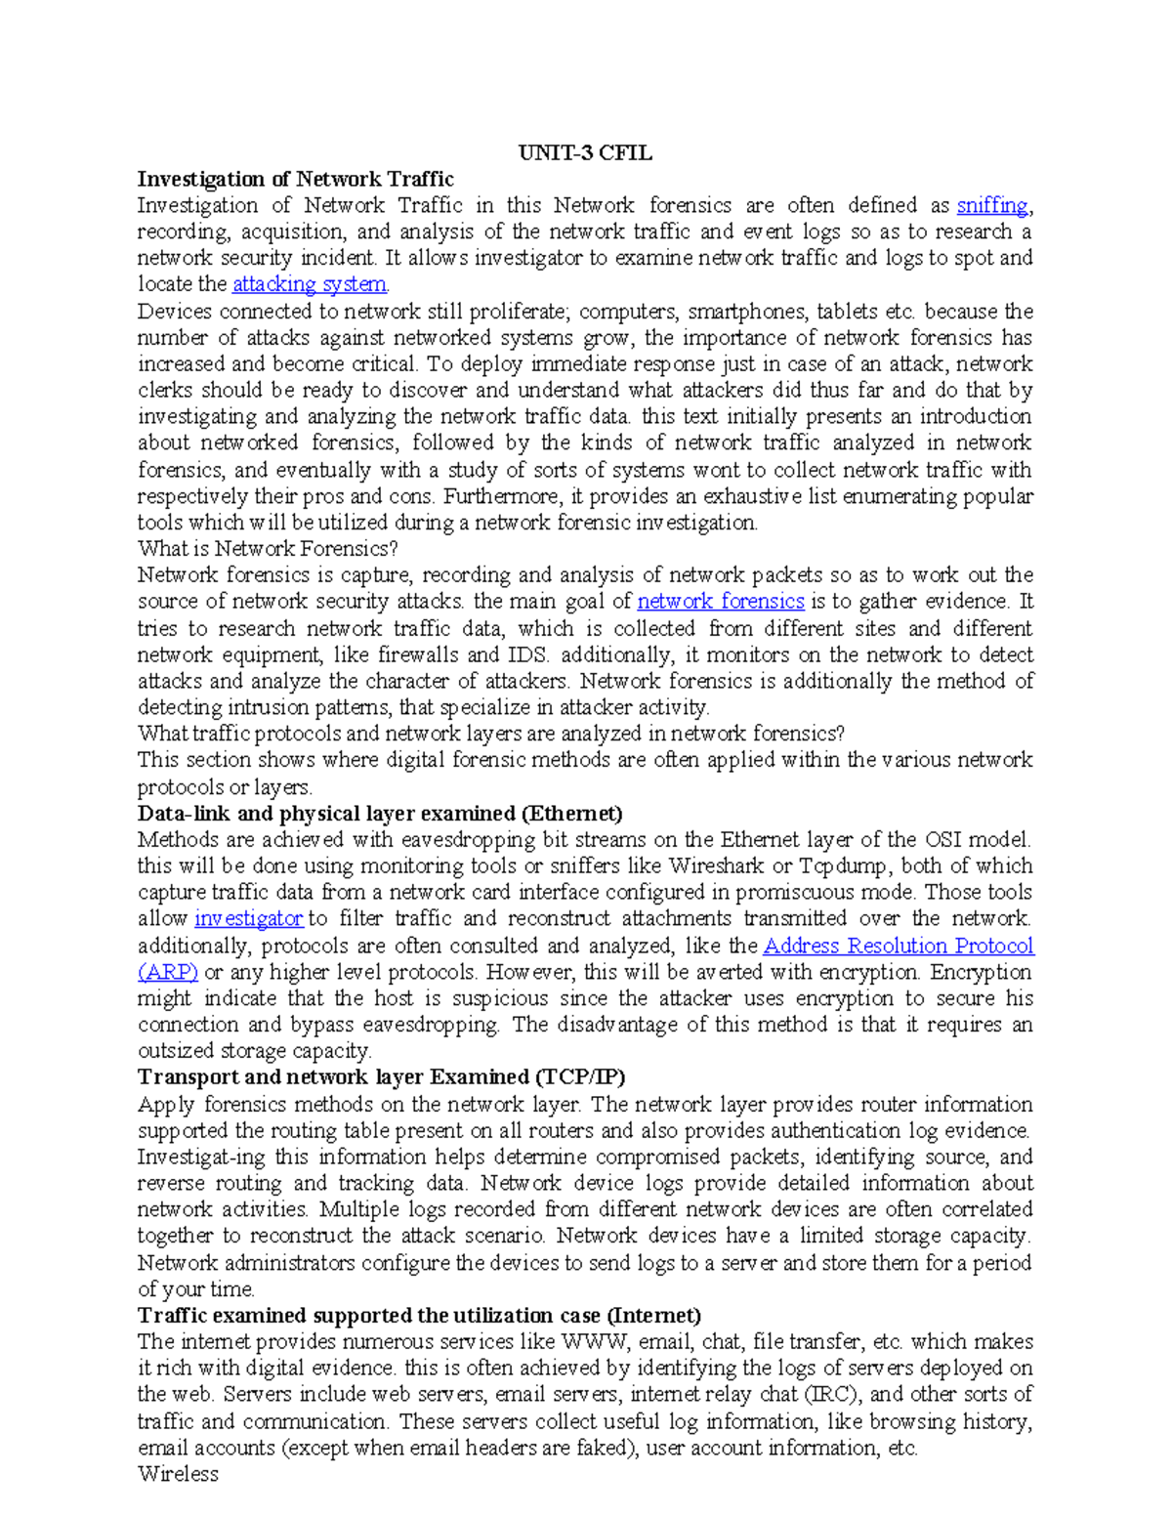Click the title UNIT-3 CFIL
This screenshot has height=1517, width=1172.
click(585, 152)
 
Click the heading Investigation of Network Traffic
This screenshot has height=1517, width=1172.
click(295, 179)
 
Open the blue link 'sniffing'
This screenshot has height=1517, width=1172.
click(991, 205)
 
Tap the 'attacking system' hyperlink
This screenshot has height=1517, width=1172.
click(310, 284)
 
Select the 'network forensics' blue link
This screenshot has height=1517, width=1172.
click(720, 601)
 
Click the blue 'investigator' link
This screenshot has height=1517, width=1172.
click(248, 918)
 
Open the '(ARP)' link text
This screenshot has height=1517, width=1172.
click(168, 972)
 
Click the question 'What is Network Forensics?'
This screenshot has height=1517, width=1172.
click(268, 549)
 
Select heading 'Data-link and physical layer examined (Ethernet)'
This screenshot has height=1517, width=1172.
click(380, 814)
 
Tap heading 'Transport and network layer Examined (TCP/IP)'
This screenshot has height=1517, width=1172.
click(381, 1076)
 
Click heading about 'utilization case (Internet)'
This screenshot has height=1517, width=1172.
click(419, 1315)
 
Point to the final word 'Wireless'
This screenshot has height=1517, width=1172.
click(178, 1474)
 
